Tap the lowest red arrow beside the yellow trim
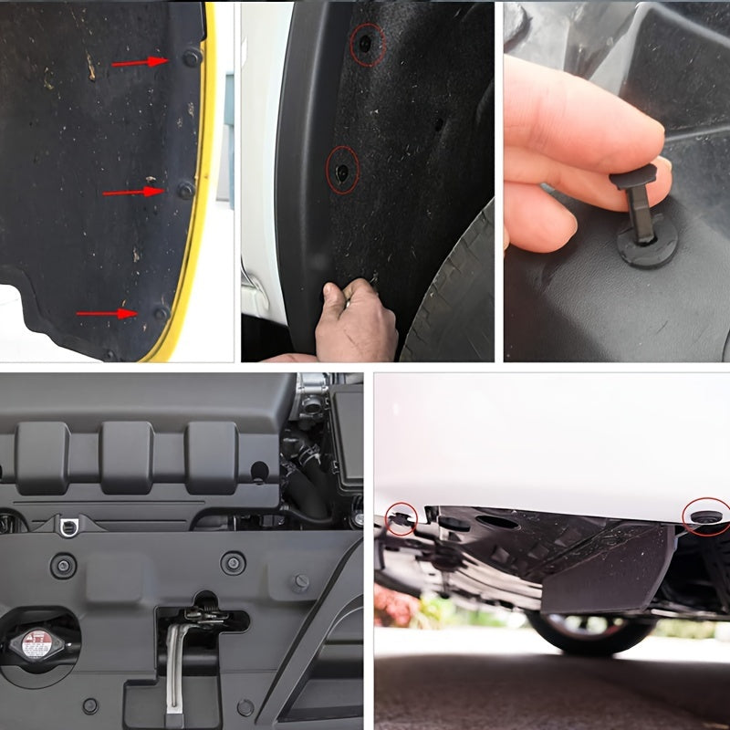click(106, 313)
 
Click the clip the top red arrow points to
click(191, 57)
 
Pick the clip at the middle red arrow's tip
click(185, 190)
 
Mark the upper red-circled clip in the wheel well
click(367, 43)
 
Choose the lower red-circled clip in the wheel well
click(343, 172)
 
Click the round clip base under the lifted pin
click(648, 244)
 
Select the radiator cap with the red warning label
click(36, 644)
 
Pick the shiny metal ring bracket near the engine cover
click(68, 524)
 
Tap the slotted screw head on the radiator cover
click(300, 582)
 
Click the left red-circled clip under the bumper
click(401, 519)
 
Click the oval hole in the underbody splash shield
click(497, 522)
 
